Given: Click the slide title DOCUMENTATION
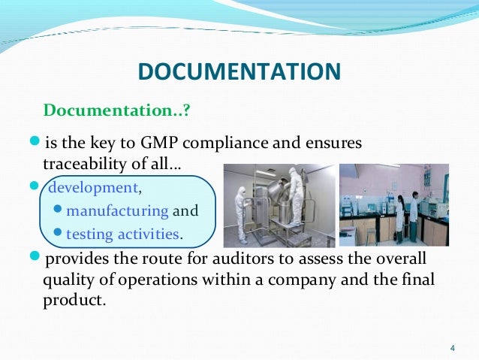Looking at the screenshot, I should coord(239,72).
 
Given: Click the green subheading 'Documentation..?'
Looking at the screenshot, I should coord(117,111).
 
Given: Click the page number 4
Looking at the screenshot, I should coord(452,346).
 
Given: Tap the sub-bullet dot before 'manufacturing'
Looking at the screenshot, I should coord(59,211).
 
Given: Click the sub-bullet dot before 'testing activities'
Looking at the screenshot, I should coord(59,234).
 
